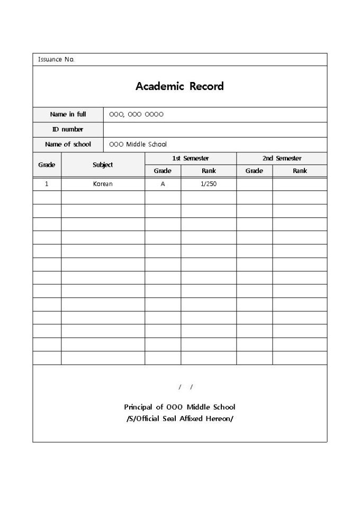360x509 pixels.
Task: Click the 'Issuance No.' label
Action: (x=56, y=59)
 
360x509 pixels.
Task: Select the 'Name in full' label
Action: (x=68, y=114)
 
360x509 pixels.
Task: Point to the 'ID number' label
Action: (x=68, y=129)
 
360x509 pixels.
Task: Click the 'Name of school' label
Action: (x=68, y=144)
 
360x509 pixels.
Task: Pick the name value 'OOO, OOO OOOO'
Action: (x=136, y=114)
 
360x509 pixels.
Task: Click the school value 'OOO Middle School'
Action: (x=138, y=144)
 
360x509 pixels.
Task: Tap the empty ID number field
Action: (x=214, y=129)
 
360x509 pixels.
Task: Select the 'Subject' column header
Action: (x=103, y=165)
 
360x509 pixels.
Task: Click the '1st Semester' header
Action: (x=191, y=158)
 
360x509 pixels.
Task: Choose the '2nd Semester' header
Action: (x=282, y=158)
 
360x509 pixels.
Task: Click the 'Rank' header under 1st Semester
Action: (x=209, y=171)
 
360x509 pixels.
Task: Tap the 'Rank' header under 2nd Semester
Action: (x=300, y=171)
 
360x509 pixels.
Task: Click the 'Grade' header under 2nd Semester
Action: (x=254, y=171)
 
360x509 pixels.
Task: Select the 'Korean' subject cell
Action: (x=103, y=184)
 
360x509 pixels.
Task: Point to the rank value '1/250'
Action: (x=209, y=184)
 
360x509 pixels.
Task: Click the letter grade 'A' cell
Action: (x=163, y=184)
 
